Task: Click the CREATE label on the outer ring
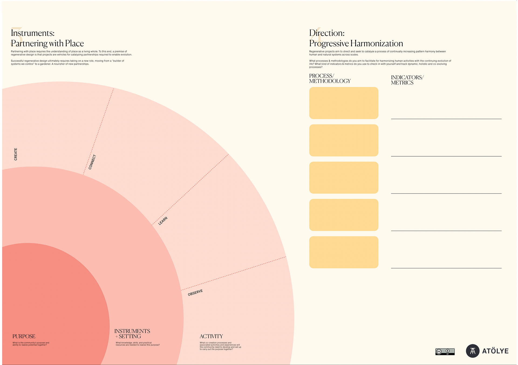[x=16, y=154]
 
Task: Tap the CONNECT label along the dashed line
[x=92, y=162]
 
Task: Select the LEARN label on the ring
[x=163, y=221]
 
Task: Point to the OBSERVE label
[x=195, y=292]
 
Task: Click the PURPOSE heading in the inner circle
[x=24, y=336]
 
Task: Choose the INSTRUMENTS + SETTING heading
[x=132, y=334]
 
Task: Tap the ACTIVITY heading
[x=211, y=336]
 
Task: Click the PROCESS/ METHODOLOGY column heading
[x=330, y=78]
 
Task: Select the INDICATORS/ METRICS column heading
[x=407, y=80]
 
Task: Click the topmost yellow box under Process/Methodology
[x=344, y=103]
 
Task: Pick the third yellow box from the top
[x=344, y=178]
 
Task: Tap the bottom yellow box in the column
[x=344, y=252]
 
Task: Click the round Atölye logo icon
[x=473, y=351]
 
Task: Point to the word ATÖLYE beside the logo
[x=495, y=351]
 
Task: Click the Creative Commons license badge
[x=445, y=352]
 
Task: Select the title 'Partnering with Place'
[x=47, y=43]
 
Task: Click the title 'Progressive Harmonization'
[x=356, y=43]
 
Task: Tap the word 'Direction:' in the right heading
[x=327, y=33]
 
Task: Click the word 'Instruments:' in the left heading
[x=33, y=33]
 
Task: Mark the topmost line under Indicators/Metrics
[x=446, y=119]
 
